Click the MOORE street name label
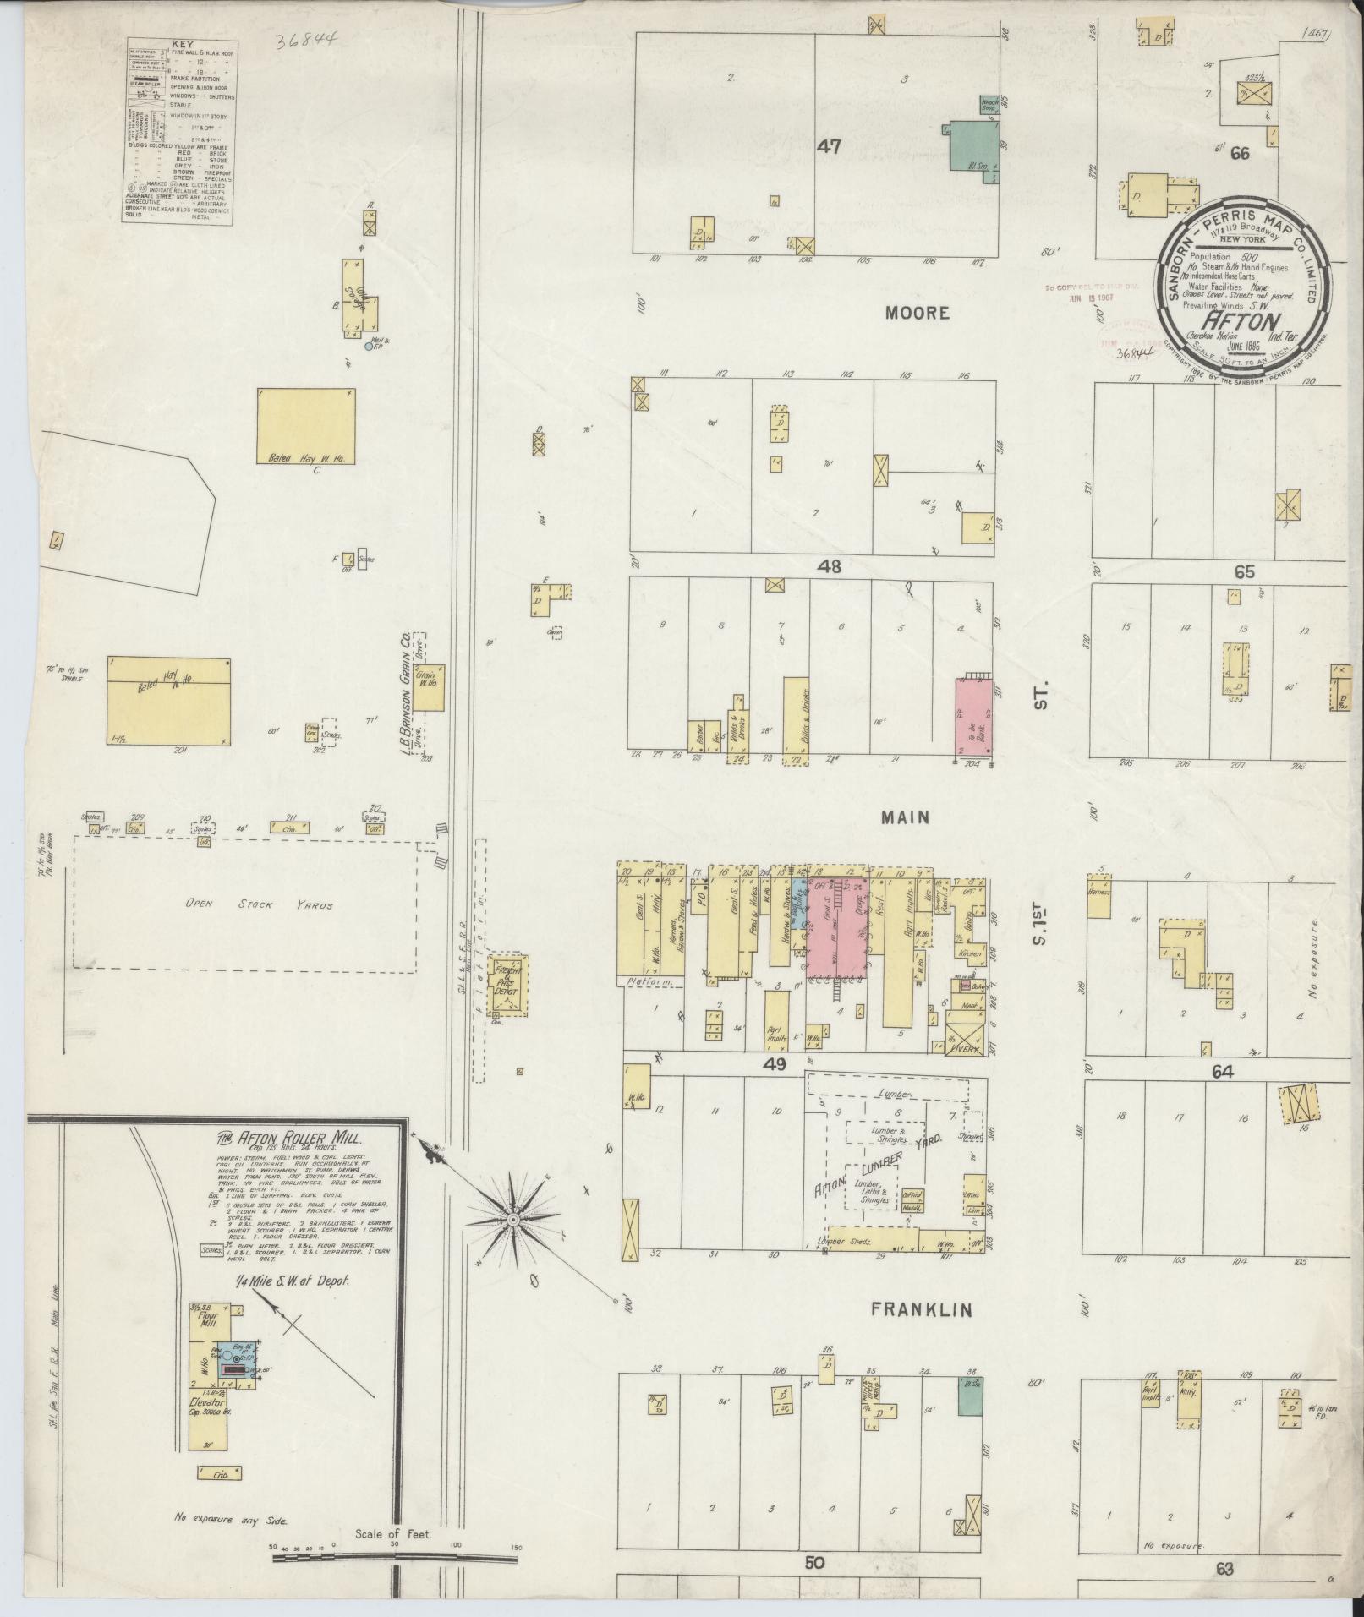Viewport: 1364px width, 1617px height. [x=918, y=313]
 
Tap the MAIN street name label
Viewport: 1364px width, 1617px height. [x=906, y=817]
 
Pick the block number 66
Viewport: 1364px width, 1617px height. [x=1241, y=153]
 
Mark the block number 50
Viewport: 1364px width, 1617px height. [x=813, y=1564]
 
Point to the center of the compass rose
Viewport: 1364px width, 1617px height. [x=513, y=1221]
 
